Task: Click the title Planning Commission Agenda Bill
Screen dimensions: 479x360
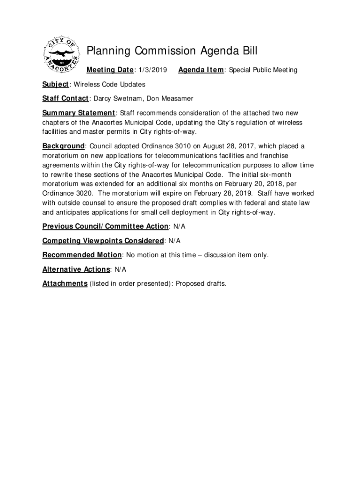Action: point(172,51)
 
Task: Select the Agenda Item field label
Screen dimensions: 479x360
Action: point(201,70)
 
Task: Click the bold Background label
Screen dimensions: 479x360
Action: point(64,146)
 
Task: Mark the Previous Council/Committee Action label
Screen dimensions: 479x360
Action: point(105,226)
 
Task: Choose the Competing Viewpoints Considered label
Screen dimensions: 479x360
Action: point(103,241)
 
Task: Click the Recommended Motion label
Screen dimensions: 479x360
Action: point(82,255)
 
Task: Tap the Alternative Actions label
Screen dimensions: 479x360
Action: point(76,269)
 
